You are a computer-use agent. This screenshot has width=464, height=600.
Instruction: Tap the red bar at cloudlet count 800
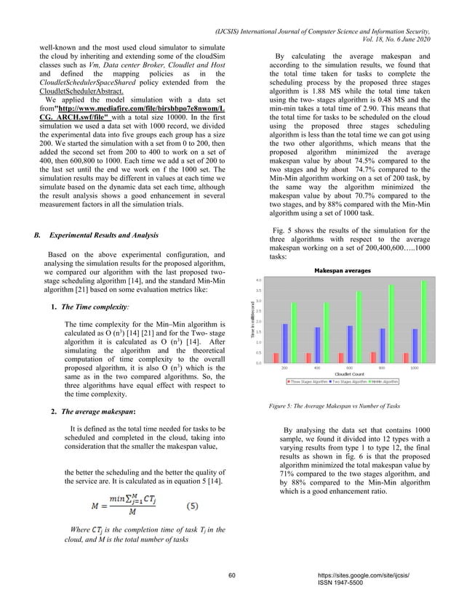pyautogui.click(x=374, y=357)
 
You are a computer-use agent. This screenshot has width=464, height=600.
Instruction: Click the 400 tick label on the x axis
pyautogui.click(x=317, y=368)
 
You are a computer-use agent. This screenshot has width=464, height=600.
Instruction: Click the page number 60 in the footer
pyautogui.click(x=231, y=575)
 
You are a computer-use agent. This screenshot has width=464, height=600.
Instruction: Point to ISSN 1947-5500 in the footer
pyautogui.click(x=348, y=583)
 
